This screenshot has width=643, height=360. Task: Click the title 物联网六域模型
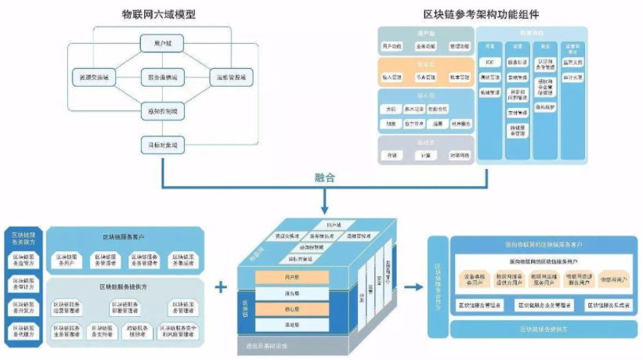tap(163, 14)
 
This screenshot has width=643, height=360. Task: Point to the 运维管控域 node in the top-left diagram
tap(232, 77)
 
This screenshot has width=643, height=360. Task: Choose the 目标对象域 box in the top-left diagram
tap(163, 145)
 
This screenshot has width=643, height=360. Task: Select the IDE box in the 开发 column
tap(489, 61)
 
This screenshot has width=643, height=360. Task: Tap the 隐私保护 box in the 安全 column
tap(545, 106)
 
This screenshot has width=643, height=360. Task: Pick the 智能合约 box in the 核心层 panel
tap(438, 109)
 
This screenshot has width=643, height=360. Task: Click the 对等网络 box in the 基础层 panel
tap(459, 155)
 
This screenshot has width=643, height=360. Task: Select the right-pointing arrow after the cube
tap(412, 287)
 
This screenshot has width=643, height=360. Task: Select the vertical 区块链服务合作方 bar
tap(438, 287)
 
